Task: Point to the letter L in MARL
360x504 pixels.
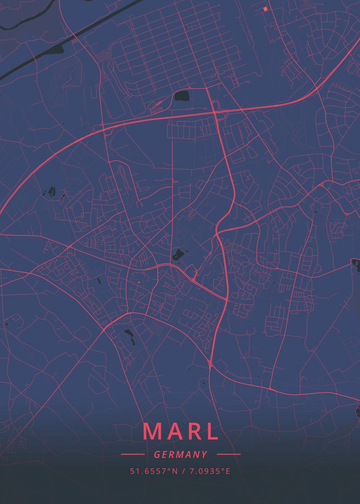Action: pos(212,431)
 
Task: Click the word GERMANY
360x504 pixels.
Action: pos(181,454)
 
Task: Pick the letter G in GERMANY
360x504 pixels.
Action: pos(157,454)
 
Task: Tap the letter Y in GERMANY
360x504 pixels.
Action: pos(205,454)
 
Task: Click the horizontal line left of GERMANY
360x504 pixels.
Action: pos(132,454)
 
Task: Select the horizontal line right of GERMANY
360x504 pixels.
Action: pos(229,454)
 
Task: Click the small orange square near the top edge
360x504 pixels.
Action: pos(265,8)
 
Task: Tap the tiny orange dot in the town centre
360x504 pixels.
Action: pos(138,282)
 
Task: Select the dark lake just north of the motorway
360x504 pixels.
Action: pos(182,96)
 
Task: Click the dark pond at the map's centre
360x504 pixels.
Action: pos(178,254)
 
